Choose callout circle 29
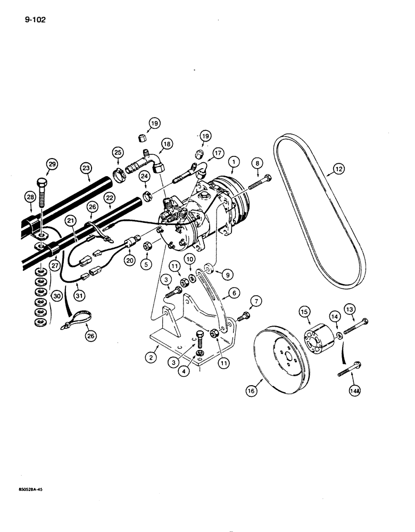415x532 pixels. [x=51, y=164]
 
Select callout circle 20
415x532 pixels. [x=128, y=260]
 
